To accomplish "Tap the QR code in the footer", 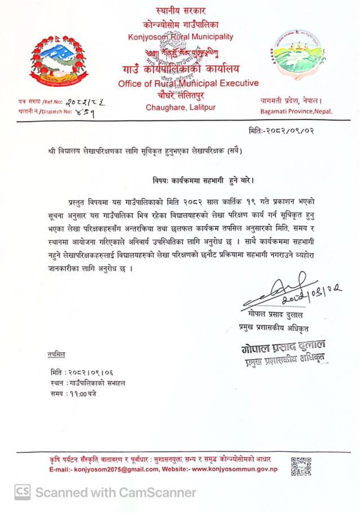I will click(x=300, y=466).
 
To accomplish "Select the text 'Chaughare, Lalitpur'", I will click(x=180, y=107).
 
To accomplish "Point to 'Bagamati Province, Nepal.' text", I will click(x=297, y=111).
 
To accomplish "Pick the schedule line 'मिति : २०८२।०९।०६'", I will click(x=78, y=373).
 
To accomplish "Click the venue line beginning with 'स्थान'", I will click(x=87, y=383).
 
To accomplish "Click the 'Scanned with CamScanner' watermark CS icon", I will click(x=22, y=492).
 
